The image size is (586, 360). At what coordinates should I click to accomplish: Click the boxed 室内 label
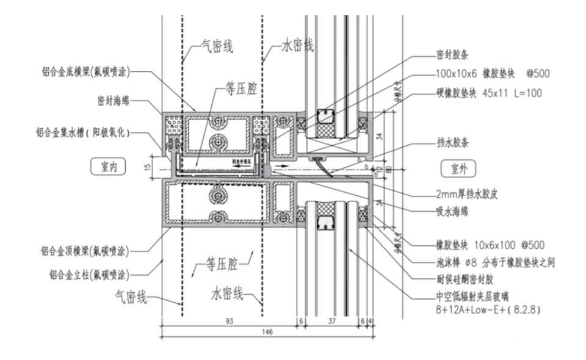(x=108, y=165)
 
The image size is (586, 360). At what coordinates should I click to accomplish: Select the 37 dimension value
(x=331, y=320)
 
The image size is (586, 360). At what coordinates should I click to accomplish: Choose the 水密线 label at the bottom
(x=227, y=295)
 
